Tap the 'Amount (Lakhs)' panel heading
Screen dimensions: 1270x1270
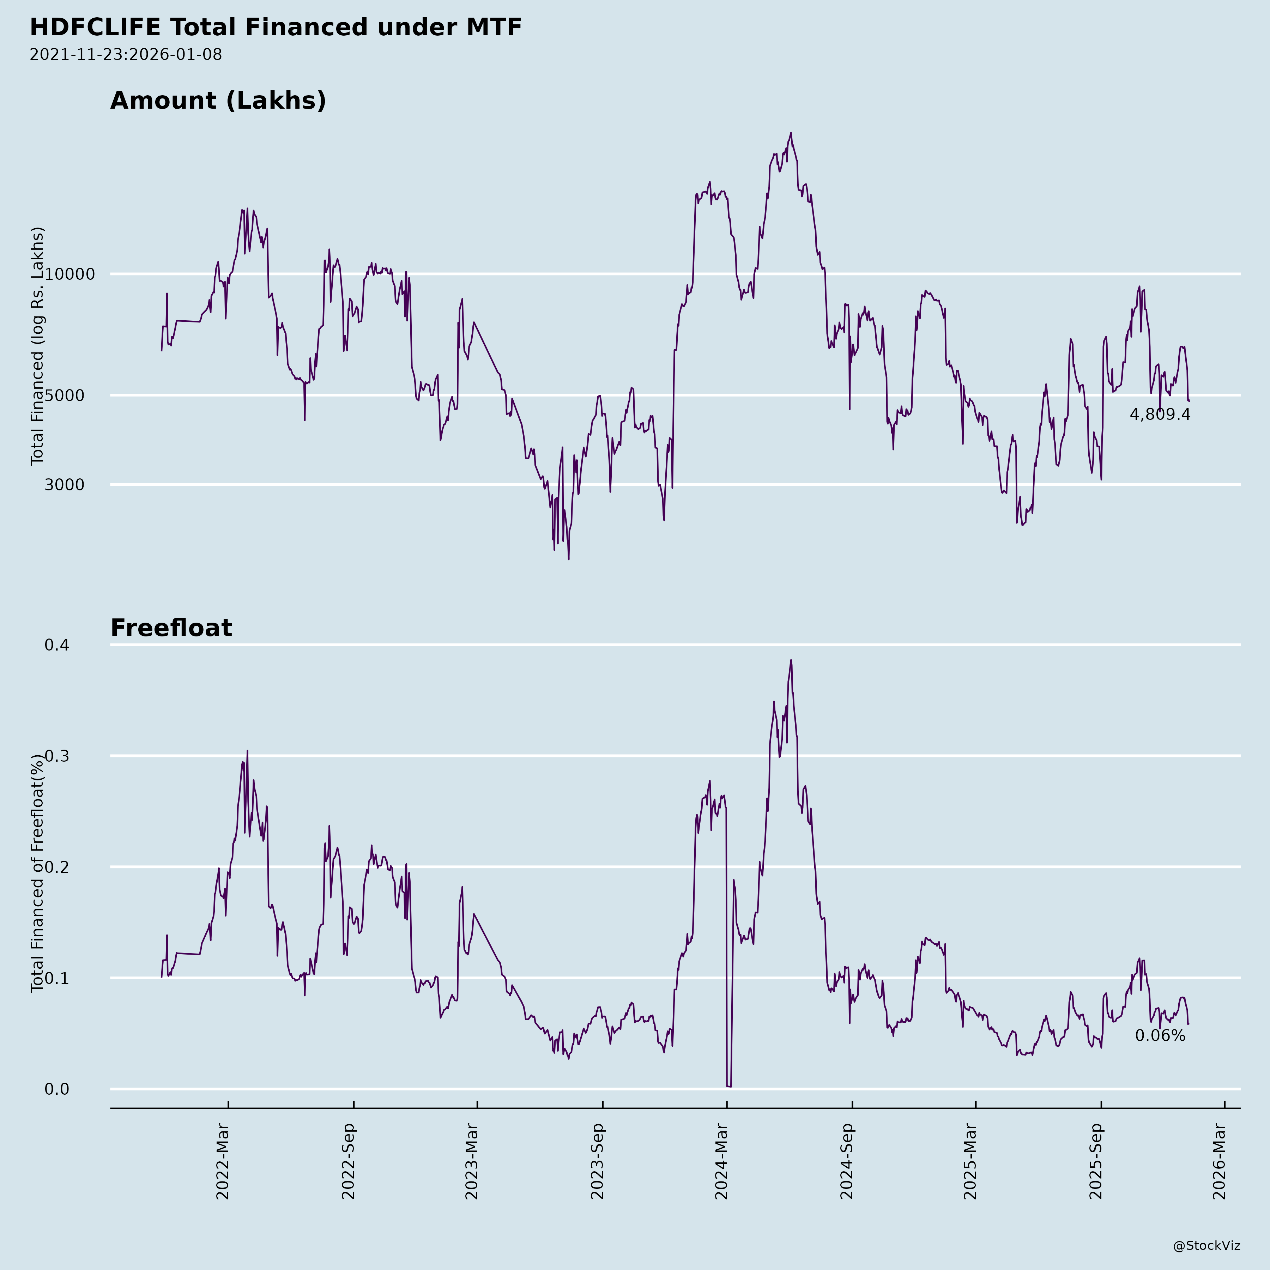point(218,101)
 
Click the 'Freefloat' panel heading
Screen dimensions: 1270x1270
point(171,628)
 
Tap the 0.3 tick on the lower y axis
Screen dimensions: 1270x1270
point(57,756)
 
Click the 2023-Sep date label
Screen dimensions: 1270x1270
point(598,1162)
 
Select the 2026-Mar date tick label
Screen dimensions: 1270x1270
point(1220,1162)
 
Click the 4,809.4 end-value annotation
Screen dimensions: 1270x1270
point(1160,415)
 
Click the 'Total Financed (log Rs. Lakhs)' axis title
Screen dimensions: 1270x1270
point(37,346)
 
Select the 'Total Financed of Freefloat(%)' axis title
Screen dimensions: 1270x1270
point(37,873)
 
